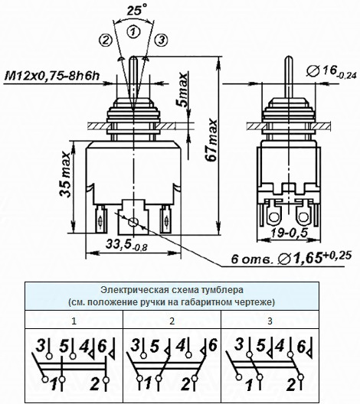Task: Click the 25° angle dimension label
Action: point(137,10)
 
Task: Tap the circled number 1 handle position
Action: point(133,31)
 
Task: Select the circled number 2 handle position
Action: point(106,40)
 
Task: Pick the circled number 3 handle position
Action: point(162,40)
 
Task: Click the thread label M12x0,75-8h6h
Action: point(52,76)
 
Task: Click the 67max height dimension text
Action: point(212,140)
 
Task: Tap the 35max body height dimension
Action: point(65,174)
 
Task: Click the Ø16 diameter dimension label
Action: point(332,71)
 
